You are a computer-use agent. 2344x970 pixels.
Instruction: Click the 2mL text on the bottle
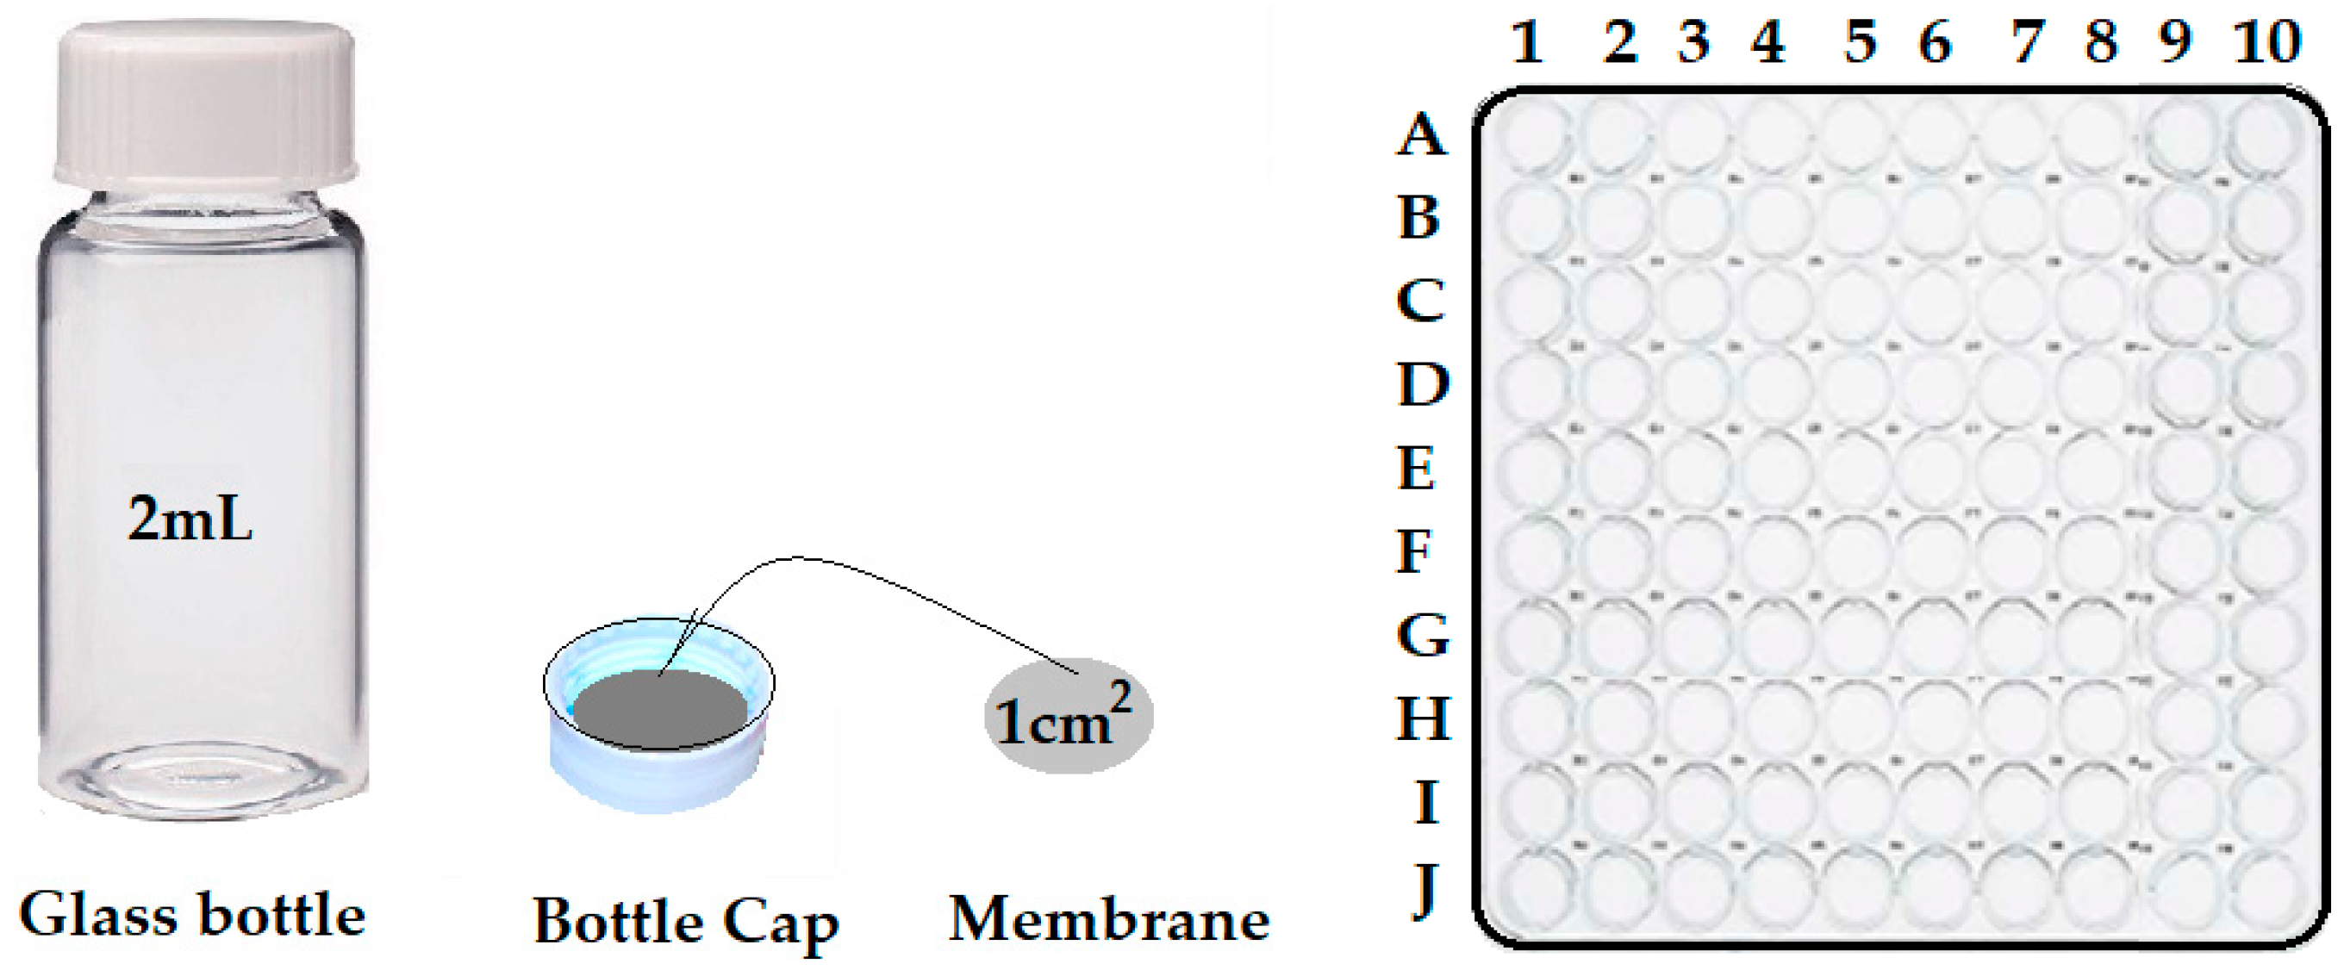[x=190, y=520]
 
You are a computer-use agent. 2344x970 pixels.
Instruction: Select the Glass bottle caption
[x=192, y=916]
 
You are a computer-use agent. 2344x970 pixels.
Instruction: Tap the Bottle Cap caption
[x=685, y=923]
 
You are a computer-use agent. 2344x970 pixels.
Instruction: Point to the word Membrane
[x=1109, y=920]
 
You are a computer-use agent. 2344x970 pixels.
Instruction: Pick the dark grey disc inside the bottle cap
[x=661, y=711]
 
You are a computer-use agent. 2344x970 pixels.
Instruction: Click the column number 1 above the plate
[x=1528, y=42]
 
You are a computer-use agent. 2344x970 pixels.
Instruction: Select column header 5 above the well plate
[x=1860, y=42]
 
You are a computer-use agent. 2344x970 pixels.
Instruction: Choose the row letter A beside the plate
[x=1420, y=136]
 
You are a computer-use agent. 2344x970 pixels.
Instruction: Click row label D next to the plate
[x=1422, y=384]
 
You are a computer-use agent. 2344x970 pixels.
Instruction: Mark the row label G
[x=1422, y=635]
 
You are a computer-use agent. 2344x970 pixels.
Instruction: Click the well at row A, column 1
[x=1534, y=139]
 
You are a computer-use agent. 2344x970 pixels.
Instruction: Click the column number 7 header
[x=2023, y=42]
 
